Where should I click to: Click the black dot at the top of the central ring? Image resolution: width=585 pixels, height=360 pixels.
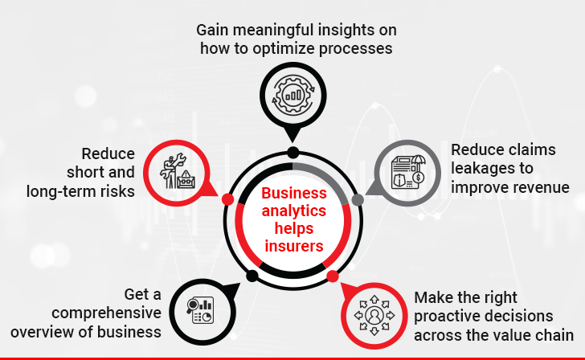tap(292, 152)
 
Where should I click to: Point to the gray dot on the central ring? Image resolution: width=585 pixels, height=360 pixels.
tap(358, 199)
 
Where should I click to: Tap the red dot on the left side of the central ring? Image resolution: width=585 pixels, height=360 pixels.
tap(227, 199)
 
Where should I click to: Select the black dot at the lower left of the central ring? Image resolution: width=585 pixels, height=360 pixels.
tap(252, 276)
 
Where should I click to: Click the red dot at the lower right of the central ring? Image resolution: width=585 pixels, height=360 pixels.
tap(333, 276)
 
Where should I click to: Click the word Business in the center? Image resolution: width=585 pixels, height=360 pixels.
tap(293, 194)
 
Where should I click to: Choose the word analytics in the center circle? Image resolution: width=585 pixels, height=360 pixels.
tap(293, 211)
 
